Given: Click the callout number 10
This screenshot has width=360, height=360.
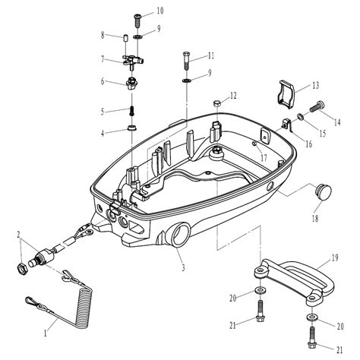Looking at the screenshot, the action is pos(160,11).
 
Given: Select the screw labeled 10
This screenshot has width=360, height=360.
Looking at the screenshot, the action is pos(137,21).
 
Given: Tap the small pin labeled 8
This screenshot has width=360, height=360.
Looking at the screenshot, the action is pos(125,39).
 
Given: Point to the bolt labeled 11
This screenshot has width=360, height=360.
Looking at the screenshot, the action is pos(185,61).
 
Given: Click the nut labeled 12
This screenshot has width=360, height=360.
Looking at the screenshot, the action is pos(218,103).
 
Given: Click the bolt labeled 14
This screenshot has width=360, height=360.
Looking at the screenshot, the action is pos(317,106).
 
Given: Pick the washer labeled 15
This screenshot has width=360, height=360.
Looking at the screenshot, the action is pos(301,117).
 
